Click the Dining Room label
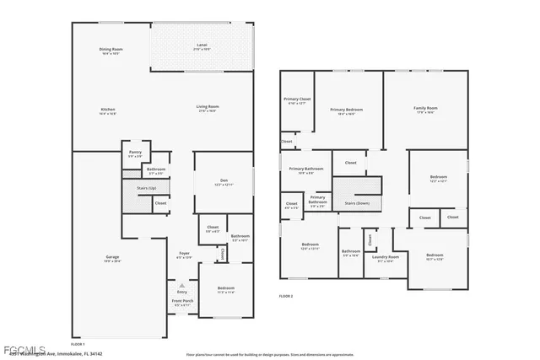click(111, 50)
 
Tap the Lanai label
click(202, 45)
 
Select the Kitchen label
click(108, 110)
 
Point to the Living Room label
click(208, 106)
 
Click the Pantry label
click(135, 153)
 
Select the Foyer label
click(184, 253)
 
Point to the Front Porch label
click(183, 301)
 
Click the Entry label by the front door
click(181, 292)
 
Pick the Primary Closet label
click(297, 99)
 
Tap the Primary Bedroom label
click(346, 110)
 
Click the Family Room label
click(424, 108)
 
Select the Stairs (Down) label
click(357, 203)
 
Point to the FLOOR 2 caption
click(287, 297)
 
